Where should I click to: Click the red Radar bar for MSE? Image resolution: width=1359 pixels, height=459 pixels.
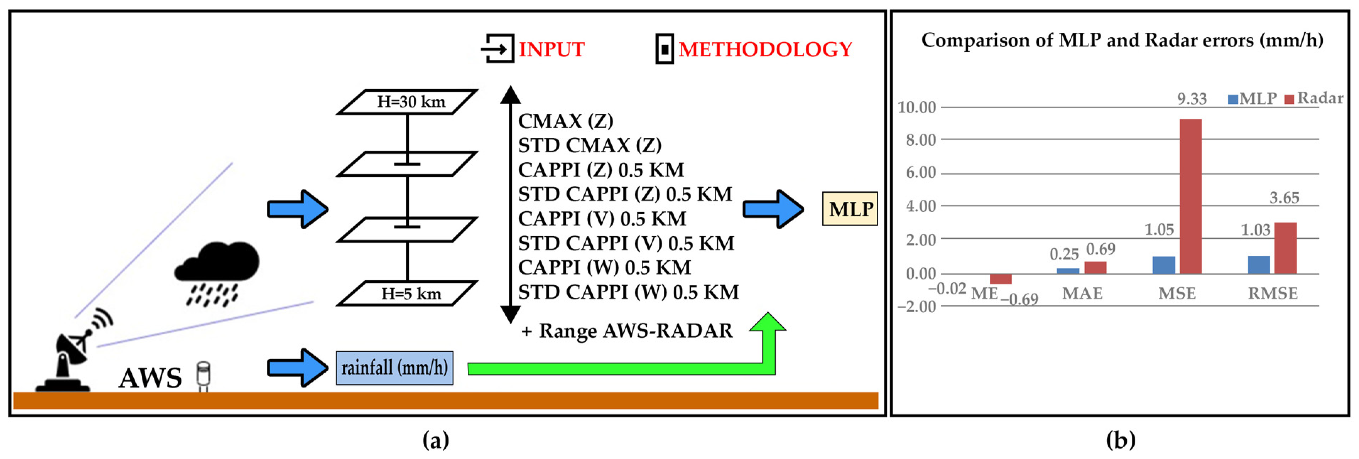pos(1191,196)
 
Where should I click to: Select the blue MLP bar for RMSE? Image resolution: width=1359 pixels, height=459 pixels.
pos(1259,265)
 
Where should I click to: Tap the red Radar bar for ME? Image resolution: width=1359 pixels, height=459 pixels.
pos(1000,279)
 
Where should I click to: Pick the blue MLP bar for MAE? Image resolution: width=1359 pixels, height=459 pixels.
pos(1068,271)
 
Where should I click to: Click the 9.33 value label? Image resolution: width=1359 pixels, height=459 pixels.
pos(1192,99)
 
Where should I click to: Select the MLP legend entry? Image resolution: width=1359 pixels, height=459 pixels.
pos(1252,99)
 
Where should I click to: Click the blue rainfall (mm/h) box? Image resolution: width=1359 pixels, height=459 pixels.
pos(394,367)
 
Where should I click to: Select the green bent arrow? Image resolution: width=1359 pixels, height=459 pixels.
pos(633,368)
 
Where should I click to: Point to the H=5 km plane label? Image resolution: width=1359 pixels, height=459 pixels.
pos(411,293)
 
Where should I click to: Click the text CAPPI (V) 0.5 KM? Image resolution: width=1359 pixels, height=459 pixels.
pos(602,218)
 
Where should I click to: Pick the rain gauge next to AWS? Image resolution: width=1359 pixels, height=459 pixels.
pos(203,375)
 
